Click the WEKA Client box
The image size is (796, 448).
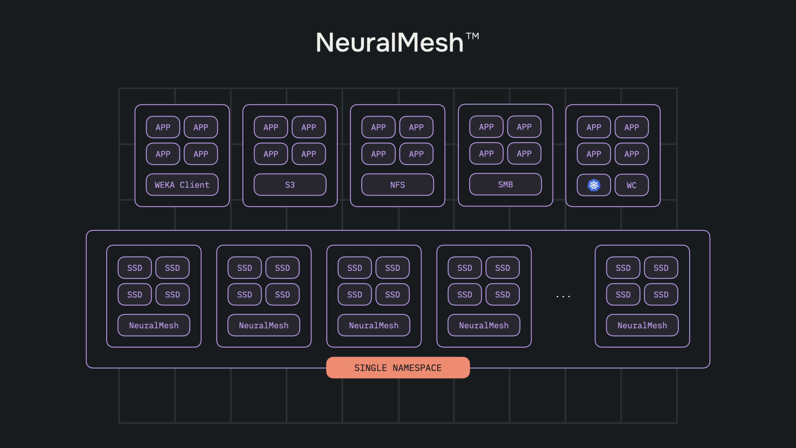pos(182,185)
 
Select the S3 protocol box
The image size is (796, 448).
pos(290,185)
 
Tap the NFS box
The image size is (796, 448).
pos(397,185)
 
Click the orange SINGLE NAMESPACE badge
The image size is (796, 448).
pos(398,368)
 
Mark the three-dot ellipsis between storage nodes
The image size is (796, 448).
pos(563,297)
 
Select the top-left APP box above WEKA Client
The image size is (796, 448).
pos(163,127)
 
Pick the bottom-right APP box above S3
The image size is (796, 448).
pos(309,154)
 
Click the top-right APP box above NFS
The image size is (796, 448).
pos(416,127)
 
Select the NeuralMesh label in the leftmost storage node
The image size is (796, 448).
pos(154,325)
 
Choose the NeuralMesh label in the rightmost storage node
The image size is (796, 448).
pos(642,325)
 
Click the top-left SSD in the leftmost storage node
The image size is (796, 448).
pos(134,268)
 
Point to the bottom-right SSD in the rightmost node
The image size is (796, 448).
pos(661,294)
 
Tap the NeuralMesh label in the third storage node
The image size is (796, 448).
pos(374,325)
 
